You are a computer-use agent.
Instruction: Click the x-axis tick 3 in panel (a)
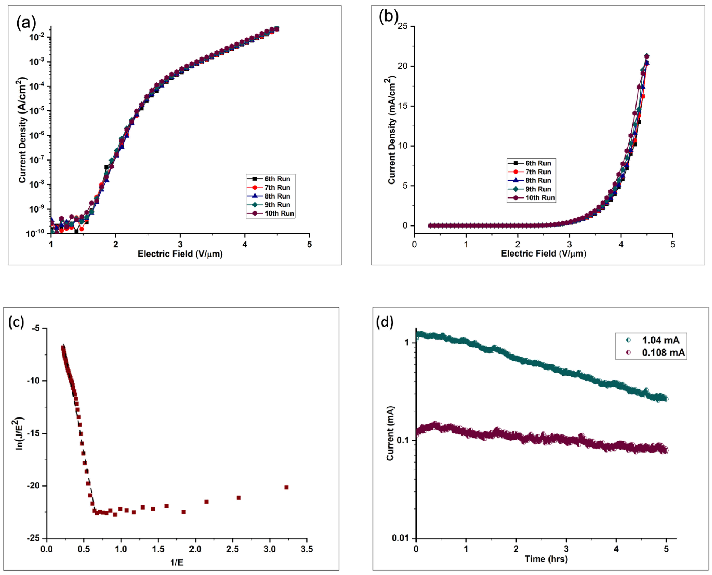[180, 244]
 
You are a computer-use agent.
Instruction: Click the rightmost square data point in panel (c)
[286, 487]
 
